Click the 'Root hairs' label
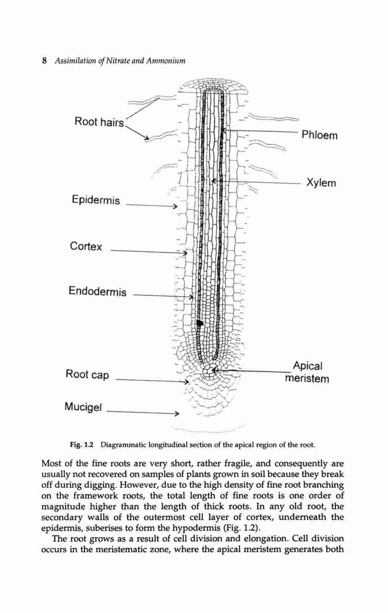pyautogui.click(x=99, y=122)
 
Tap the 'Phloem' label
pyautogui.click(x=319, y=135)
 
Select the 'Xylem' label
pyautogui.click(x=321, y=183)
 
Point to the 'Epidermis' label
pyautogui.click(x=96, y=200)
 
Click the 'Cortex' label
pyautogui.click(x=86, y=246)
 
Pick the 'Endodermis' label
pyautogui.click(x=97, y=291)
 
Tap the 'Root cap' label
pyautogui.click(x=87, y=375)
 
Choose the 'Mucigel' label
pyautogui.click(x=83, y=407)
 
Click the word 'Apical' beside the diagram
pyautogui.click(x=308, y=367)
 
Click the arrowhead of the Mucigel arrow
pyautogui.click(x=177, y=413)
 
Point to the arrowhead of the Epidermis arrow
pyautogui.click(x=175, y=206)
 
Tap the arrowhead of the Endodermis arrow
pyautogui.click(x=191, y=297)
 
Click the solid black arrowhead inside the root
pyautogui.click(x=200, y=323)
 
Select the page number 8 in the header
pyautogui.click(x=45, y=61)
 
